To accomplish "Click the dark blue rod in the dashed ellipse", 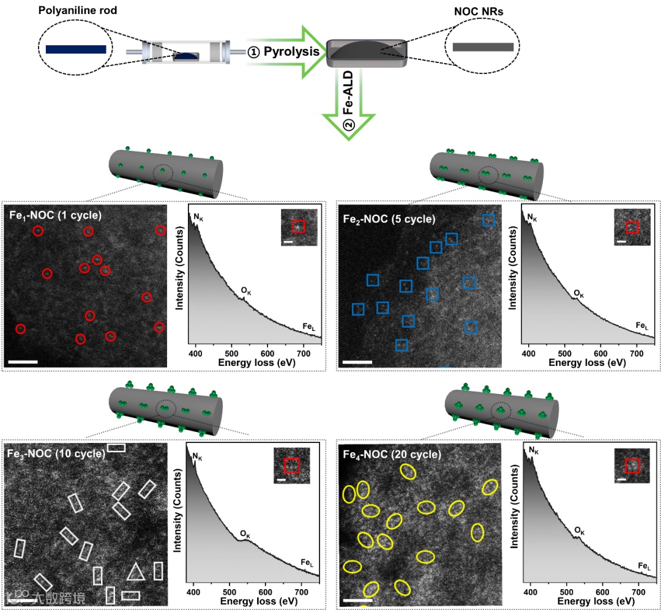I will coord(76,49).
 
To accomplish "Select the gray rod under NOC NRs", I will coord(483,47).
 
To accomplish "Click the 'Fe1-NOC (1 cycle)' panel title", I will coord(56,215).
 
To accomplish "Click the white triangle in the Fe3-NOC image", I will coord(135,571).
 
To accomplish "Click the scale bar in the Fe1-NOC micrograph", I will coord(24,362).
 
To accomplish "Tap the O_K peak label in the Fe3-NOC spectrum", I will coord(245,534).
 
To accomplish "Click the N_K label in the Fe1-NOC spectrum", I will coord(198,216).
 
